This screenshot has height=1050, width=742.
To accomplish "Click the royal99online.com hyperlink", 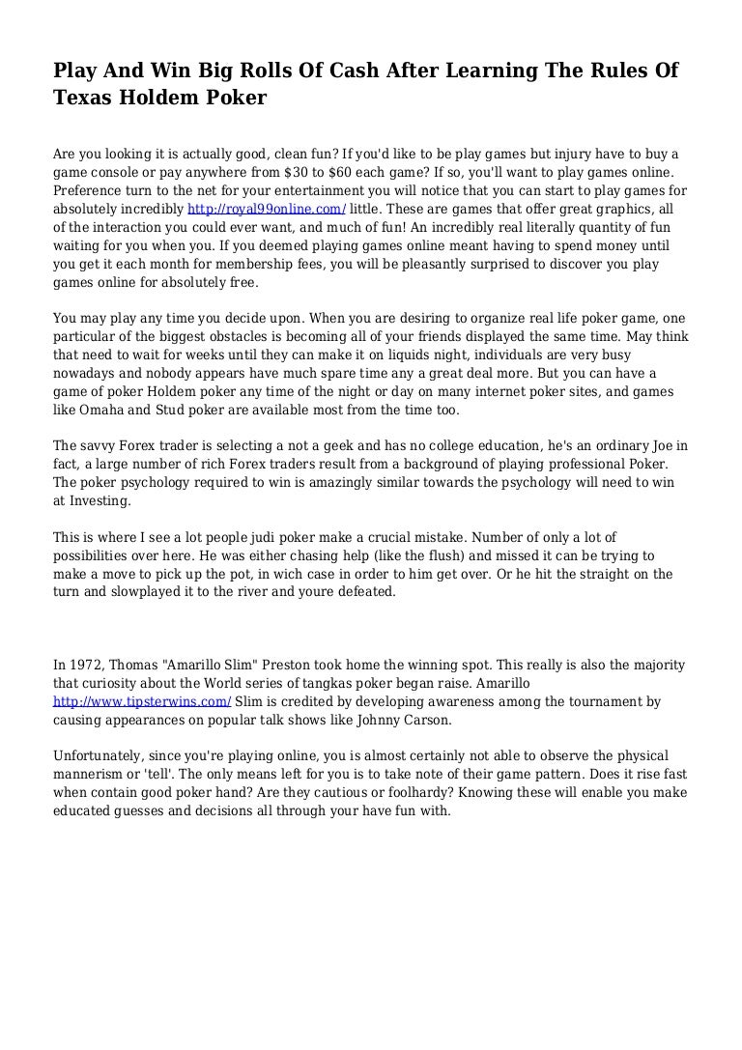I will tap(267, 209).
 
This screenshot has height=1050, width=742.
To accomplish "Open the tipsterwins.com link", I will tap(142, 701).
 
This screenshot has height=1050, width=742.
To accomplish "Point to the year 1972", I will tap(88, 666).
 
